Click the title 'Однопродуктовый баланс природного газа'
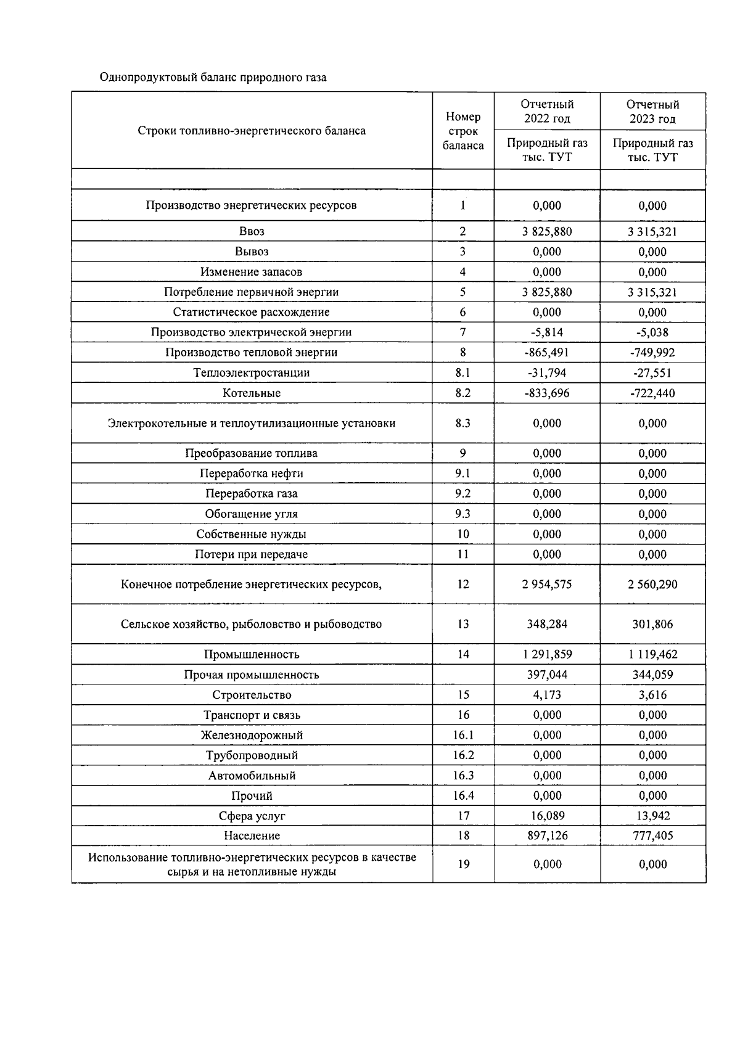(213, 78)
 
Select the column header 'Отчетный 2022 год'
(547, 112)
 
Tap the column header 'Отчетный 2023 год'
(652, 112)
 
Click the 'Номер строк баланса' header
(463, 131)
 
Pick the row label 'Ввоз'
(252, 232)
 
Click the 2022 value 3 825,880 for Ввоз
(547, 232)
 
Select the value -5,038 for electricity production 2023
(652, 332)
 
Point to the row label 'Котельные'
(252, 393)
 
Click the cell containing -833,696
(547, 393)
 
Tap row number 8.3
(463, 423)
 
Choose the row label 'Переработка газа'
(252, 494)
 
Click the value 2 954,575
(547, 584)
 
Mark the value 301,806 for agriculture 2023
(652, 624)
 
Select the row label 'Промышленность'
(252, 654)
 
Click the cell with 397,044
(547, 675)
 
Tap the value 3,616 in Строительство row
(652, 695)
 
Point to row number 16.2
(463, 755)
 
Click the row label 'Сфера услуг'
(252, 816)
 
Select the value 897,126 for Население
(547, 836)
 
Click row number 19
(463, 864)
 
